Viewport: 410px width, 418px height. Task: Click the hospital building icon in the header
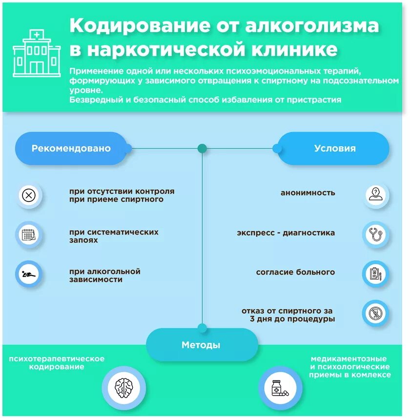pos(37,53)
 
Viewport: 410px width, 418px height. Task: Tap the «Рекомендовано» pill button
pos(71,148)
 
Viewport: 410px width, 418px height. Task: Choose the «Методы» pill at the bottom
pos(201,345)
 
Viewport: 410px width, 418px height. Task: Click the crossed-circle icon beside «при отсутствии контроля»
pos(29,196)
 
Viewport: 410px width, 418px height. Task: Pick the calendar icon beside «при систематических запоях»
pos(29,235)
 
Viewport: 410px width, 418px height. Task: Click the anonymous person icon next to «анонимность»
pos(376,194)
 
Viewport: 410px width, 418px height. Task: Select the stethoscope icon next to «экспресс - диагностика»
pos(376,234)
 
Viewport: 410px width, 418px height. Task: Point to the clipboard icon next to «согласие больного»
pos(376,274)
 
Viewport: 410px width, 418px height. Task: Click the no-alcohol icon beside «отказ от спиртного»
pos(376,313)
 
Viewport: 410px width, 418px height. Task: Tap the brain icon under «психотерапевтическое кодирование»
pos(123,388)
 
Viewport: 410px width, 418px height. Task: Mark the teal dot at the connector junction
pos(202,148)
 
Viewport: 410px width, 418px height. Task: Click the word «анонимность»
pos(307,193)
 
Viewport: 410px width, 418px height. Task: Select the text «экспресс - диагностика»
pos(286,233)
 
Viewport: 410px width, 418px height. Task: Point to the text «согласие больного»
pos(295,272)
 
